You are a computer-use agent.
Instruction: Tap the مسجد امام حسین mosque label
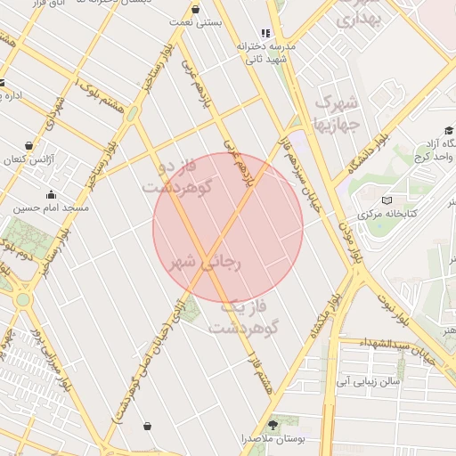[x=51, y=208]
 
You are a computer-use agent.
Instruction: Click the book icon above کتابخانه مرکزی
[x=386, y=199]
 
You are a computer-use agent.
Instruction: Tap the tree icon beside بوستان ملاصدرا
[x=273, y=424]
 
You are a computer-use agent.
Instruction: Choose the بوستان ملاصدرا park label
[x=273, y=439]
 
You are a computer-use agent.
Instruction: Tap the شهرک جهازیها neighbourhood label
[x=337, y=110]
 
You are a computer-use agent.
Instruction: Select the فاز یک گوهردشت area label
[x=244, y=317]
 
